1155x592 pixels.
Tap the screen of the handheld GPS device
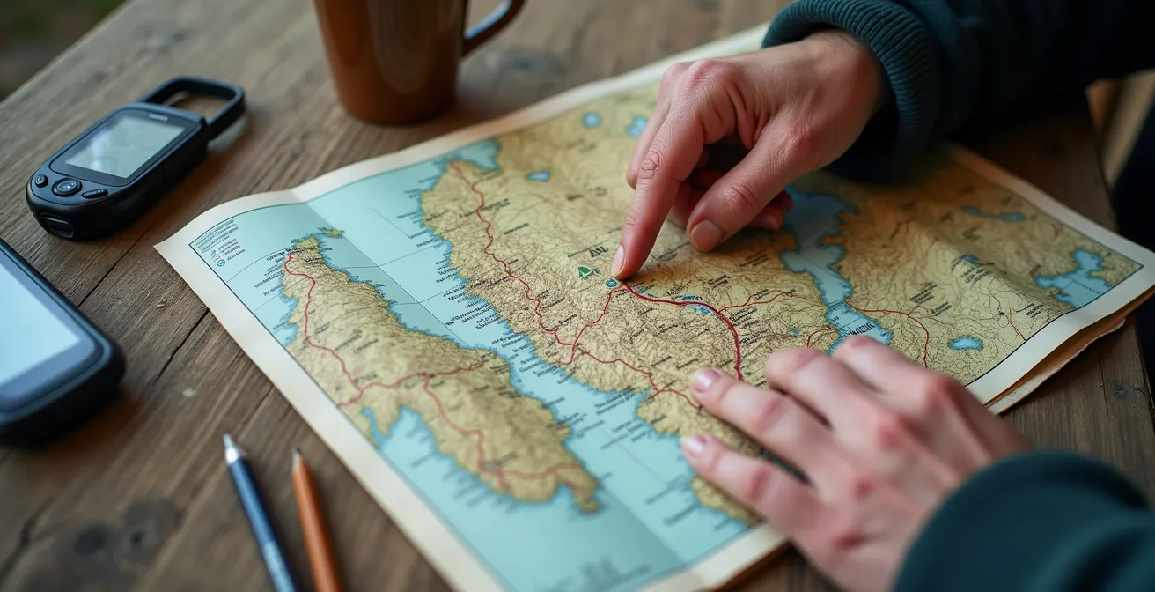tap(123, 144)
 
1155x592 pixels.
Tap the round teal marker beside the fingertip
tap(611, 284)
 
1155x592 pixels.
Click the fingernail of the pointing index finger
tap(619, 262)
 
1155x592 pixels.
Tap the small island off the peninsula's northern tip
tap(331, 233)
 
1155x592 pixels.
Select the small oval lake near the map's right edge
tap(966, 343)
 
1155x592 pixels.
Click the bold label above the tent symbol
tap(597, 251)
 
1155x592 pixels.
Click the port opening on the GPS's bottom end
tap(58, 225)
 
